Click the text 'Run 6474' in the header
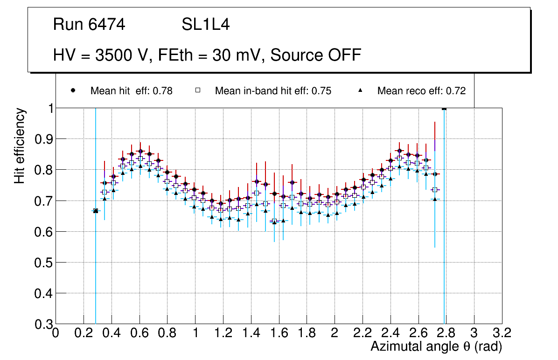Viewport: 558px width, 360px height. click(x=89, y=25)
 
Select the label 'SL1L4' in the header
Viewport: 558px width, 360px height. click(x=205, y=25)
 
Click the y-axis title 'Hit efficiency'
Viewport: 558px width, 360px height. click(x=20, y=145)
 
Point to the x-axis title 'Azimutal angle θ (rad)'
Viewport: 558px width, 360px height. click(x=436, y=346)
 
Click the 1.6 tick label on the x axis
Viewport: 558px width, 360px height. click(x=279, y=333)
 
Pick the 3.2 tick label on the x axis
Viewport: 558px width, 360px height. click(x=502, y=333)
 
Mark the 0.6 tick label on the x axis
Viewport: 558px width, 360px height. click(x=139, y=333)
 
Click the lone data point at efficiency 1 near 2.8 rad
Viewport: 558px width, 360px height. click(x=444, y=109)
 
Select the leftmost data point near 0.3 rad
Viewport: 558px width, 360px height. click(x=96, y=211)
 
